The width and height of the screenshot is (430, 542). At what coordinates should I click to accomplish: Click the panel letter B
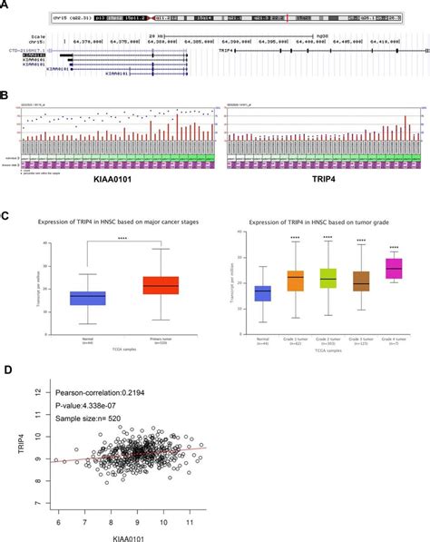7,94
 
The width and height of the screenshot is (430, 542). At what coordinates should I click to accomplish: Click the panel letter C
7,217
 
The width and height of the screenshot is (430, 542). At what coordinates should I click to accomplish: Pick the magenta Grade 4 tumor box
394,269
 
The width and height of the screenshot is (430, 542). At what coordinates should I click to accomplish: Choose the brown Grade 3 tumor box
360,280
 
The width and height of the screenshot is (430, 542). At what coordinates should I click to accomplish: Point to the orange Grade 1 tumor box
295,281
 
